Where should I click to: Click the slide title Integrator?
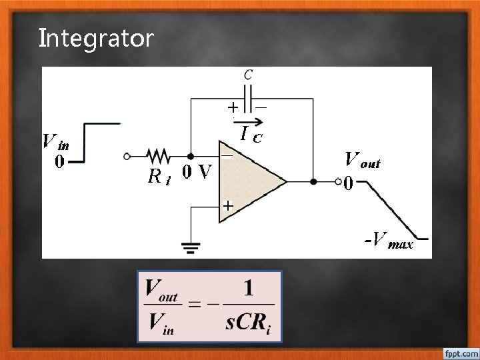point(96,38)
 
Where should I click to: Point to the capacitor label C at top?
point(248,74)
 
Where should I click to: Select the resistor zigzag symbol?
point(158,156)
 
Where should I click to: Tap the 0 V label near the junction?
point(197,172)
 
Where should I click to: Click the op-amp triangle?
point(250,181)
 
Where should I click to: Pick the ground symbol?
point(191,248)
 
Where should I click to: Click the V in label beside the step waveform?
point(55,142)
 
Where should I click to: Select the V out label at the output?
point(362,160)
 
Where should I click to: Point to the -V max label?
point(388,239)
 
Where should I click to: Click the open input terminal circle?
point(127,156)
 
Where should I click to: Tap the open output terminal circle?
point(337,181)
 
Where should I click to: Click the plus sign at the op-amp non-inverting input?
point(227,207)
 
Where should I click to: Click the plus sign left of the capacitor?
point(233,107)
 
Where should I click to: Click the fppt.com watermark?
point(460,351)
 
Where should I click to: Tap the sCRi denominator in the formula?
point(248,325)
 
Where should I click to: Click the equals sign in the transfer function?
point(194,306)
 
